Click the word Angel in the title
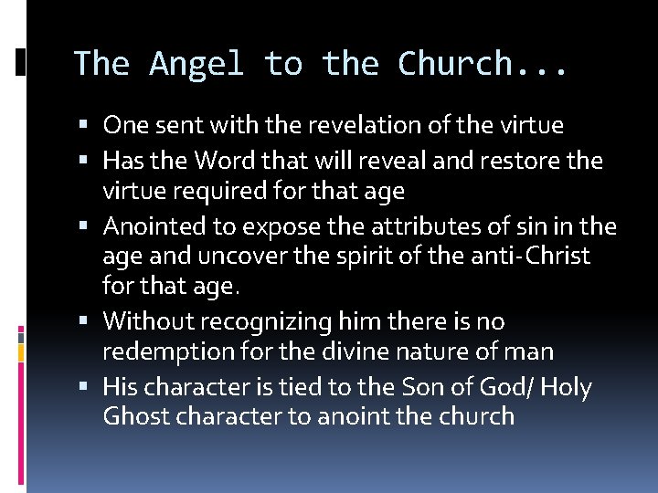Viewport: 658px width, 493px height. tap(196, 64)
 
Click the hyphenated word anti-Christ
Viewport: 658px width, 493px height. tap(529, 257)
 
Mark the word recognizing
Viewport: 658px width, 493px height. tap(259, 321)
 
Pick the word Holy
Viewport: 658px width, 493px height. tap(567, 387)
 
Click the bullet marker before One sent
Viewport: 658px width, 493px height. tap(85, 125)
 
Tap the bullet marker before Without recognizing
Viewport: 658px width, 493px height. tap(85, 321)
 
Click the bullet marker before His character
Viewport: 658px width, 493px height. tap(85, 387)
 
